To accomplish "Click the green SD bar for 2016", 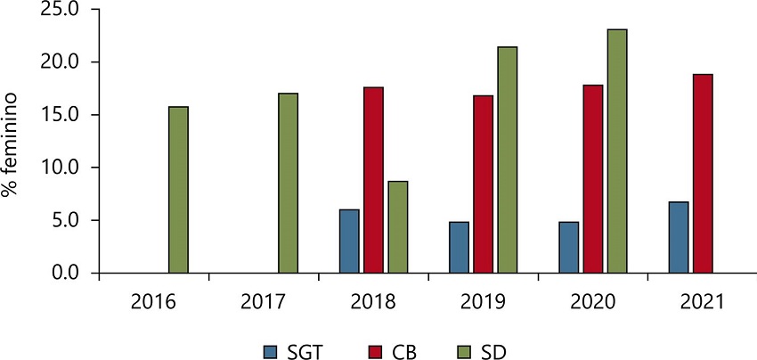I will point(178,190).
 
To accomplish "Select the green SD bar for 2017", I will point(288,183).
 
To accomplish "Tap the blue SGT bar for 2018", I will point(349,241).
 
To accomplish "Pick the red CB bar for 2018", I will point(373,180).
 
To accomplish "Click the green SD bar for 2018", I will point(397,227).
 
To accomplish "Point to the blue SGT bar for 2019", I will point(459,247).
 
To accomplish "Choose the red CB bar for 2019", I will point(483,184).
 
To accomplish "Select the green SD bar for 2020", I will point(616,151).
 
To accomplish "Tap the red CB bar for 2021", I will point(702,174).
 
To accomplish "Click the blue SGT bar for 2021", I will point(678,238).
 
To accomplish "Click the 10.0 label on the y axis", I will point(61,168).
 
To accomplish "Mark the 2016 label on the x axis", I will point(154,301).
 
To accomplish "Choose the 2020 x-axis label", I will point(592,301).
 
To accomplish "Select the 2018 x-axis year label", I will point(373,301).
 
